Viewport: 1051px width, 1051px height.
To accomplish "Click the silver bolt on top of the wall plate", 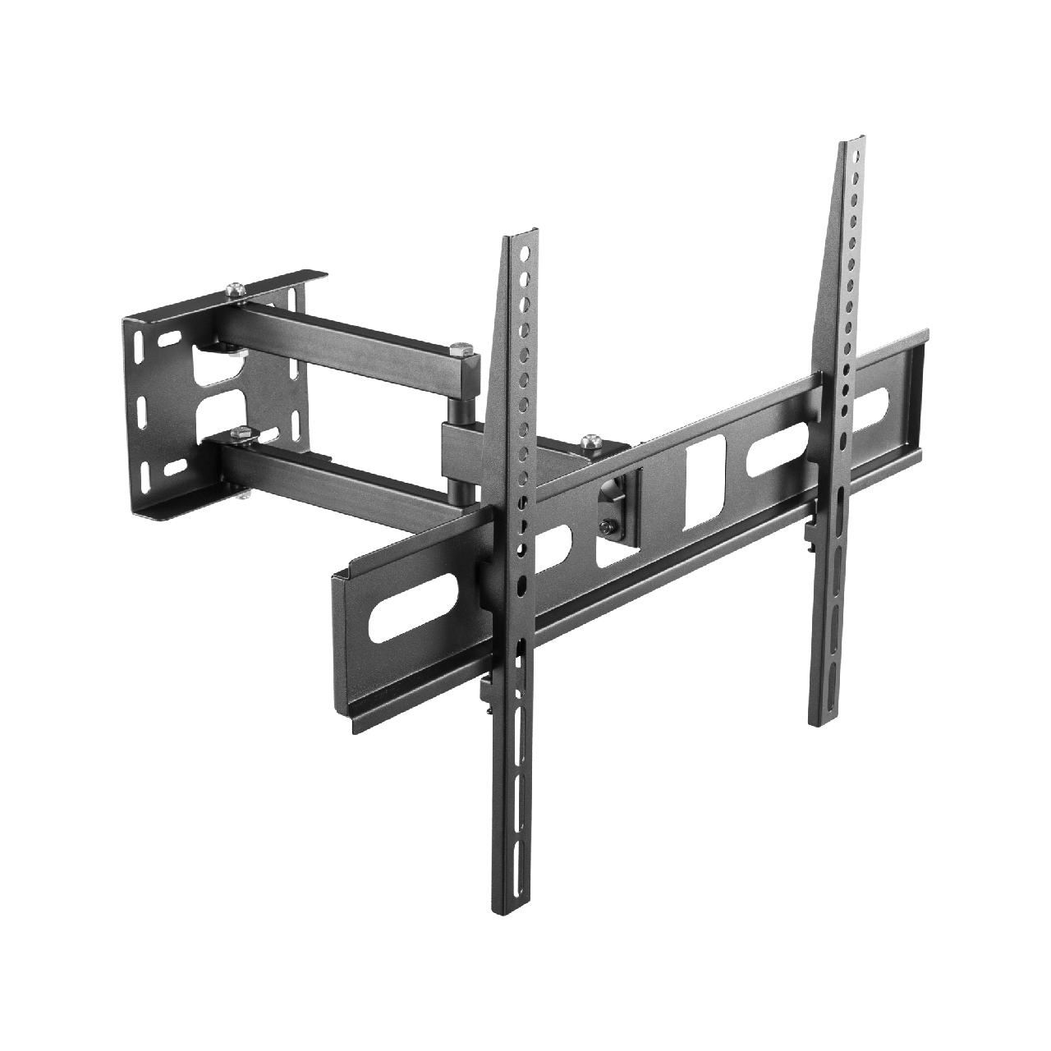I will (236, 290).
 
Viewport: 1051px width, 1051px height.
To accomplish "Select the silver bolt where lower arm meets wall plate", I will (241, 433).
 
